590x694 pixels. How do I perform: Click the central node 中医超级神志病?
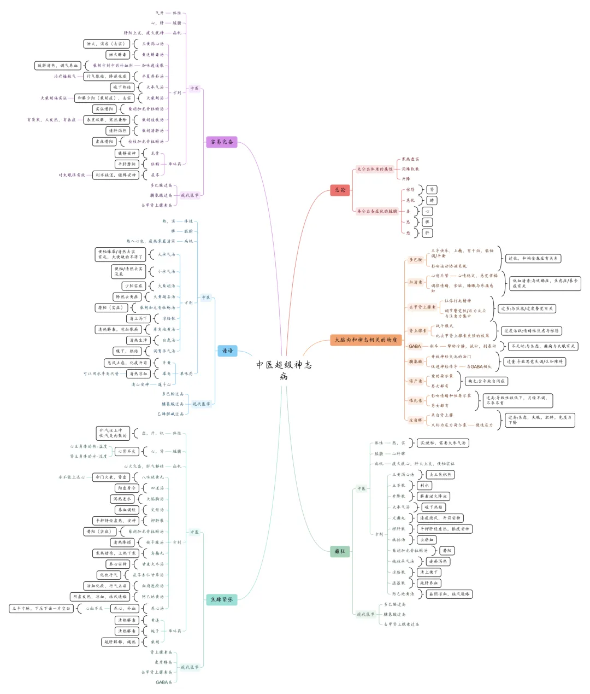click(284, 370)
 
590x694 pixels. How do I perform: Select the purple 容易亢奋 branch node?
click(222, 142)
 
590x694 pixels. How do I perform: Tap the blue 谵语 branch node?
click(227, 351)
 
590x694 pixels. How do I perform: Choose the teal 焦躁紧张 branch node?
click(222, 599)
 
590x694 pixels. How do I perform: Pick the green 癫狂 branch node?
click(340, 551)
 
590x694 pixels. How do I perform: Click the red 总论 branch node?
click(340, 190)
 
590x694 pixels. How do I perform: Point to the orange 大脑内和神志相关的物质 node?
click(366, 340)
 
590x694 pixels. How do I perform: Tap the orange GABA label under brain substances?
click(415, 346)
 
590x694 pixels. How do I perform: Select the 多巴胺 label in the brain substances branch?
click(416, 260)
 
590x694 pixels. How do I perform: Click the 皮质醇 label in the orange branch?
click(416, 420)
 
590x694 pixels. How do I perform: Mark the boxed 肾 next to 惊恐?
click(432, 190)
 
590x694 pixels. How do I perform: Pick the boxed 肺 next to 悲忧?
click(432, 201)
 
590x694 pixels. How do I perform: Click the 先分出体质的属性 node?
click(375, 169)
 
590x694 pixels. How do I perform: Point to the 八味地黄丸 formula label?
click(152, 477)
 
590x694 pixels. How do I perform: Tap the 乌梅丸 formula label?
click(157, 553)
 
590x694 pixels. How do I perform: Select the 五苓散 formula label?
click(399, 486)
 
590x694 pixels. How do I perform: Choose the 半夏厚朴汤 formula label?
click(152, 77)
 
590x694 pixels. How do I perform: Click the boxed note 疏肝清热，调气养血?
click(58, 66)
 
